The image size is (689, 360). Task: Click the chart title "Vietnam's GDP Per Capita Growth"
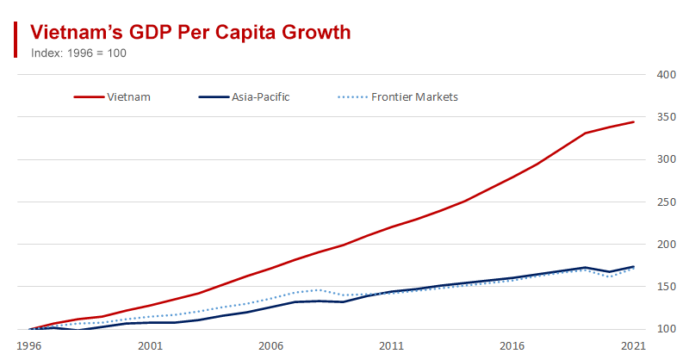tap(190, 33)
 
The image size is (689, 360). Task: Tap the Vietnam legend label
tap(129, 96)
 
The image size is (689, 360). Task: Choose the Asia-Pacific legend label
tap(260, 96)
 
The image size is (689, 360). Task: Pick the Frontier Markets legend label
tap(414, 96)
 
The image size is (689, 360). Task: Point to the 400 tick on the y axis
tap(664, 75)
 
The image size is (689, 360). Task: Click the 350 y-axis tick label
tap(664, 117)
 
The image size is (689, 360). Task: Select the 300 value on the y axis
tap(664, 159)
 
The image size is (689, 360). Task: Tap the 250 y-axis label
tap(664, 202)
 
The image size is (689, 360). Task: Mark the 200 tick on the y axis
tap(664, 245)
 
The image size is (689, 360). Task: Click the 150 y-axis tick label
tap(664, 287)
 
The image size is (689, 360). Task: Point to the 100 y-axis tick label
tap(664, 329)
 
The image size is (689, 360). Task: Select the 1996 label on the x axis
tap(29, 344)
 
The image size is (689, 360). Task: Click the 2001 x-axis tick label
tap(150, 344)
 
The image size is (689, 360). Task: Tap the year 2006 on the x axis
tap(271, 344)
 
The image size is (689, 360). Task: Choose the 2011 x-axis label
tap(392, 344)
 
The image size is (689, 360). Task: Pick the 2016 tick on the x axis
tap(513, 344)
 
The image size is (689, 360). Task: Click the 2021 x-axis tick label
tap(634, 344)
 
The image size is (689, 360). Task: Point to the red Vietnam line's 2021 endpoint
tap(634, 122)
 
